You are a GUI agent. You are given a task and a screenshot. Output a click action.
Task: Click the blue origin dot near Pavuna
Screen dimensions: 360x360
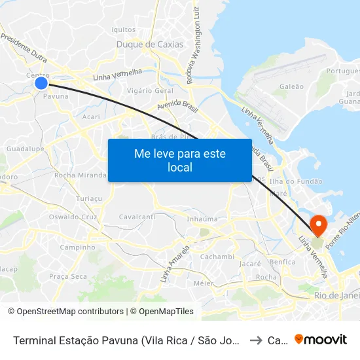point(41,82)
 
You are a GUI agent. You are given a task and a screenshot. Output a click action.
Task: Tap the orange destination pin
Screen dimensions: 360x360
point(319,225)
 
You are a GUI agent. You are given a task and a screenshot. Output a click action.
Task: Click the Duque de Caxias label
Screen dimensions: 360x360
point(149,45)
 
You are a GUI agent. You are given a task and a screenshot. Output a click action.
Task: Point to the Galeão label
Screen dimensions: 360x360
point(291,86)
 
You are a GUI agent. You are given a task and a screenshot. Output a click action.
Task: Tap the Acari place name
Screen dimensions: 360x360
point(92,117)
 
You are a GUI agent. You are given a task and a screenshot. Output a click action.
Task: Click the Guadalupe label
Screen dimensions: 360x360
point(25,149)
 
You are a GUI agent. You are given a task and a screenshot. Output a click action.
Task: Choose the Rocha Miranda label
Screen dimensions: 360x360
point(80,175)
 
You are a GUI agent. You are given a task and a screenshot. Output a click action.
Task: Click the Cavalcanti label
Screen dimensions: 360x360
point(137,217)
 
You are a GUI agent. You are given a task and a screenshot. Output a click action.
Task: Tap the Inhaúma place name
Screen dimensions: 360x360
point(202,219)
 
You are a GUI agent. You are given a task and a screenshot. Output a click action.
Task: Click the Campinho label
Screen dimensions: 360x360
point(77,247)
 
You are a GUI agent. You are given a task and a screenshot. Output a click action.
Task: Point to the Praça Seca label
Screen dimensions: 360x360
point(67,276)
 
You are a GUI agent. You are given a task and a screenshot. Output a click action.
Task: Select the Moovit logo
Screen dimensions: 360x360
point(321,339)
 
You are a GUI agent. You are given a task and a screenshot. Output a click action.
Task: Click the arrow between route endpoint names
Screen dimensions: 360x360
point(256,340)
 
